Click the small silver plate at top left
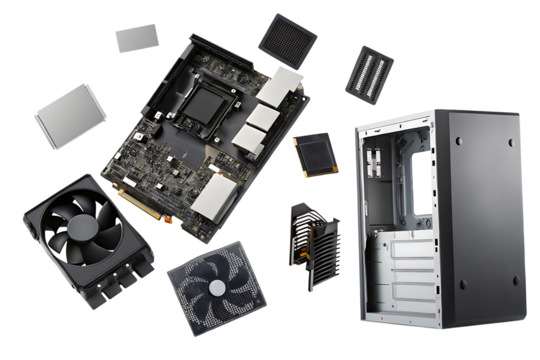click(x=137, y=38)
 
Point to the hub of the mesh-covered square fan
click(x=215, y=287)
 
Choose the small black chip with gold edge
click(x=313, y=155)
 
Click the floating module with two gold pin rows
click(x=369, y=73)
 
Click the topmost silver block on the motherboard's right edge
click(x=286, y=85)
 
